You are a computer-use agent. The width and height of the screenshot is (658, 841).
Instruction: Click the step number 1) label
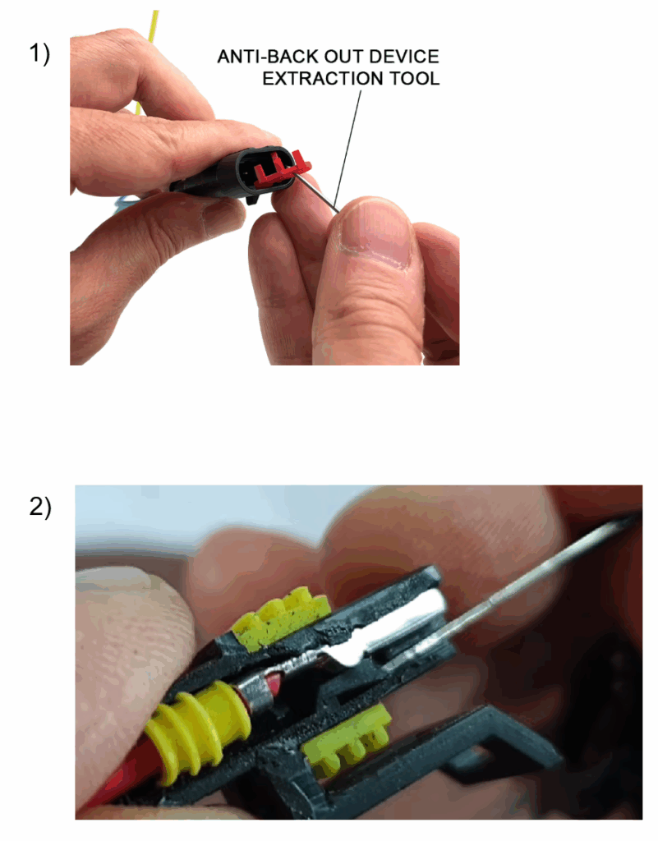(x=39, y=54)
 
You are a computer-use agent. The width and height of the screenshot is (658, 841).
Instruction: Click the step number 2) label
(x=40, y=508)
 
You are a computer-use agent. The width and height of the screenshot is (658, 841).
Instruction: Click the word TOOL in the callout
(x=415, y=78)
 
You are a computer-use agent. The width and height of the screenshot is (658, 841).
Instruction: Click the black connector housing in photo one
(x=231, y=172)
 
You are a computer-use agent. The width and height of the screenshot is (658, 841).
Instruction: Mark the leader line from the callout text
(x=347, y=150)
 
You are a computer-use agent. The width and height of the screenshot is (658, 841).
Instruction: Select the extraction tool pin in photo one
(x=315, y=194)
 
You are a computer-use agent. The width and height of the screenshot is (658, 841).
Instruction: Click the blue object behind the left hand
(x=124, y=203)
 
